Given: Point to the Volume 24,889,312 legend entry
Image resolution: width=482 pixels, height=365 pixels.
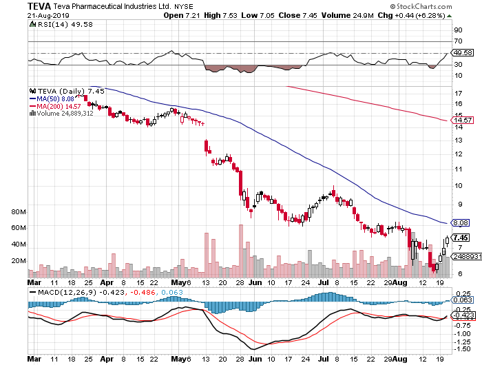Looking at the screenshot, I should [63, 114].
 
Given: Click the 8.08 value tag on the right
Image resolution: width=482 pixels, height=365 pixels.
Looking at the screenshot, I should [460, 222].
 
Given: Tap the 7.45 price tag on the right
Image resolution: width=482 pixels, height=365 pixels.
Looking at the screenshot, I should [460, 238].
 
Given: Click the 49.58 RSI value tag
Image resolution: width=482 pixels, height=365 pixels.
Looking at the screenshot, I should [460, 52].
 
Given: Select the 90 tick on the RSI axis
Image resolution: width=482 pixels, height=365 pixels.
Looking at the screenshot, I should [456, 30].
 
